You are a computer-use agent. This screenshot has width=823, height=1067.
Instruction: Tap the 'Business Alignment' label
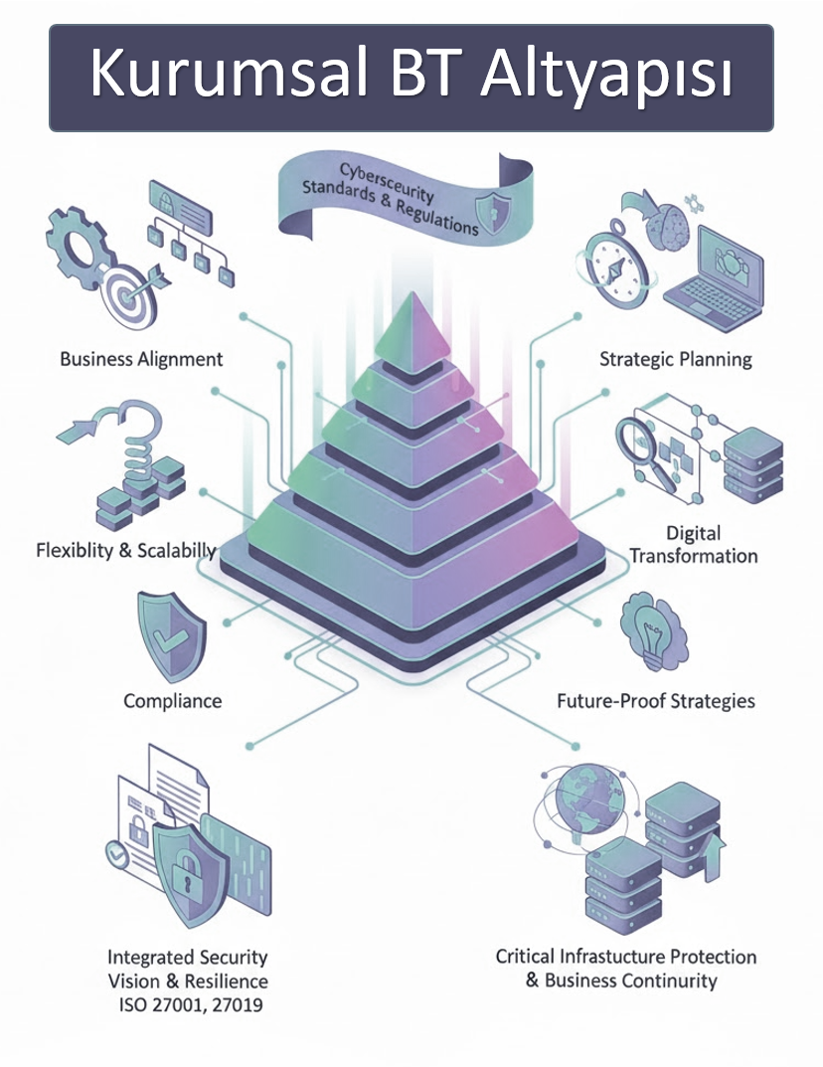coord(141,359)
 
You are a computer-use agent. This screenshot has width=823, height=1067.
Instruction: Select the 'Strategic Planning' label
coord(675,359)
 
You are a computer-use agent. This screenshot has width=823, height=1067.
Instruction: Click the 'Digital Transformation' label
coord(693,545)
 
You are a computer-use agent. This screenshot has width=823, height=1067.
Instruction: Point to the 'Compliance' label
coord(172,701)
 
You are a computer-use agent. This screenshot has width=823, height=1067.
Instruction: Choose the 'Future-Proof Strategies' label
coord(656,701)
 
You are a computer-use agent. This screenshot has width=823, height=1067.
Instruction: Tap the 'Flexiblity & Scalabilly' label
coord(126,550)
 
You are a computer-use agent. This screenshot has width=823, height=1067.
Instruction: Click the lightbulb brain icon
coord(650,631)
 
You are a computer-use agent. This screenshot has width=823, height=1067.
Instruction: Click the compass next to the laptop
coord(617,265)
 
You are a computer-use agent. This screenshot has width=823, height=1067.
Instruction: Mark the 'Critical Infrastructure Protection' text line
coord(626,957)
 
